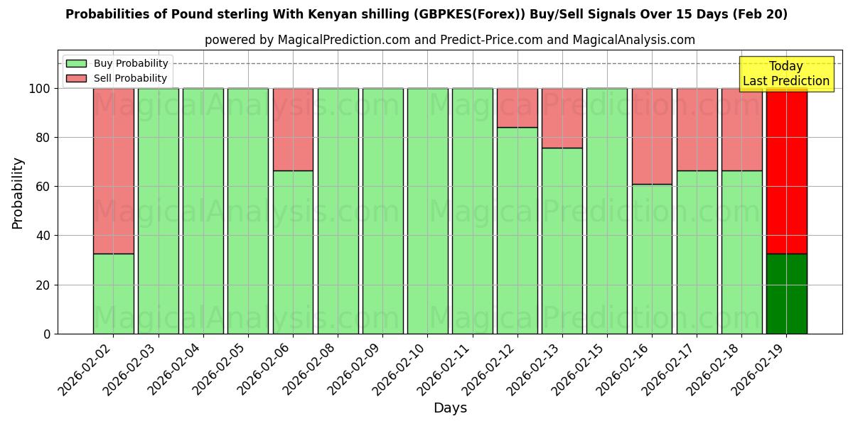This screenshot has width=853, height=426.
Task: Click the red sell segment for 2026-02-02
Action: coord(113,170)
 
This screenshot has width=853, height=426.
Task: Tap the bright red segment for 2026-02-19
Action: coord(786,170)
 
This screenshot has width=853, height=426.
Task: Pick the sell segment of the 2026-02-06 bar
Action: coord(293,129)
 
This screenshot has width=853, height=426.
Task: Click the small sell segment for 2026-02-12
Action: coord(517,108)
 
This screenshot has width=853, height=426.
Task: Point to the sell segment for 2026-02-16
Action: coord(652,136)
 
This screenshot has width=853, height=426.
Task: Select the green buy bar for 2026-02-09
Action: coord(382,211)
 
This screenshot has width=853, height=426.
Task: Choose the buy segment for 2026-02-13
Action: coord(562,241)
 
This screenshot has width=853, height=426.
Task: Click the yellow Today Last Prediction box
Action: coord(785,74)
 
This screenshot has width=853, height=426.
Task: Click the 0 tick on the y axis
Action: coord(47,334)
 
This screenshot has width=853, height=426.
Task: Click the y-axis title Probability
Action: coord(18,193)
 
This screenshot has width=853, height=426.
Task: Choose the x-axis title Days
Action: coord(450,408)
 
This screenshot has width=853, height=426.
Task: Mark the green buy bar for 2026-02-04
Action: coord(203,211)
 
